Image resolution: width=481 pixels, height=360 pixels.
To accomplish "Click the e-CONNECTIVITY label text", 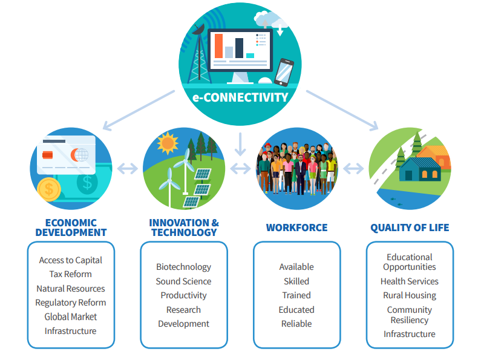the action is (240, 97).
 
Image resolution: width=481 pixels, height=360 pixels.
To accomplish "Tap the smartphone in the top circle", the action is (284, 73).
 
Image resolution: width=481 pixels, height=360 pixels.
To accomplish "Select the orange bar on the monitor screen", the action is (219, 46).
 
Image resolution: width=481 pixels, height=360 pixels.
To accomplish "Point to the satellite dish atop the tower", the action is (198, 29).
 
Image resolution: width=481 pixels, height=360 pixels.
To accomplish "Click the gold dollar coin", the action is (49, 189).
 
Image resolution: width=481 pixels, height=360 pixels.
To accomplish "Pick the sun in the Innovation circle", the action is (168, 143).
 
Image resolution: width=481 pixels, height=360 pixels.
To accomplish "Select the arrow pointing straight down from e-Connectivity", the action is (240, 144).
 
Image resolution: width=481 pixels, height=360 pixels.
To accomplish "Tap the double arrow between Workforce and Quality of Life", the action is (353, 168).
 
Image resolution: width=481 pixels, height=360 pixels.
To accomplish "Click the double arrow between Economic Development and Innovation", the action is (128, 168).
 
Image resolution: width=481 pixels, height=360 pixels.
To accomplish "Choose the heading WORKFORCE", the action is (296, 227).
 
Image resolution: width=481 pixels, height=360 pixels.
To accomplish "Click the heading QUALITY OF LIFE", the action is (410, 227).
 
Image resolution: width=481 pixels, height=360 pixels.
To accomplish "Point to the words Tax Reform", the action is (71, 274).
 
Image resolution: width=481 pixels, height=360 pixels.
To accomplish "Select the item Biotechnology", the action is (183, 267).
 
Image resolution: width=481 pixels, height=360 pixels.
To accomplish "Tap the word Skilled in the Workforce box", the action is (296, 281).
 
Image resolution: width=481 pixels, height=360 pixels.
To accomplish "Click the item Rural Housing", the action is (410, 295).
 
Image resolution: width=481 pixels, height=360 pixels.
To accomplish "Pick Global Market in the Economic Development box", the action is (71, 316).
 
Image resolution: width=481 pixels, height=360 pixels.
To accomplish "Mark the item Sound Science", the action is (183, 281).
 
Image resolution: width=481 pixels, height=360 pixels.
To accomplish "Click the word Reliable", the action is (296, 324).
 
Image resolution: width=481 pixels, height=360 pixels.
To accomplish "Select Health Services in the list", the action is (410, 281).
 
